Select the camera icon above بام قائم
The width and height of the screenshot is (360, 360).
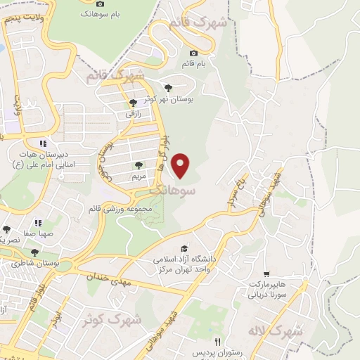coord(194,53)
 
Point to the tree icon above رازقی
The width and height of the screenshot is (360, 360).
coord(133,103)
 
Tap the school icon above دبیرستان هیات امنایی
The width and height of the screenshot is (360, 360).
coord(42,143)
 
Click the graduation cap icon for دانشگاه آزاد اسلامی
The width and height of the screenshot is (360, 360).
coord(184,249)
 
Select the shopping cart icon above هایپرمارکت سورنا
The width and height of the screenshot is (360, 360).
coord(266,274)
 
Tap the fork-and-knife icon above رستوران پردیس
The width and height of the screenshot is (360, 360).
coord(198,341)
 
